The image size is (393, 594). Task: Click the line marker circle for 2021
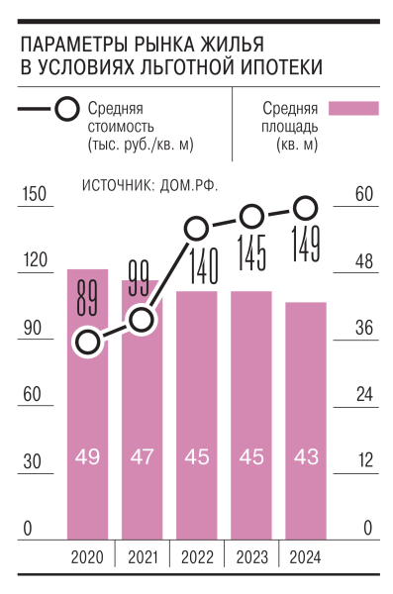[x=142, y=319]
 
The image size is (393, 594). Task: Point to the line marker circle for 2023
[x=251, y=215]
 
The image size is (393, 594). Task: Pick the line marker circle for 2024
[x=306, y=208]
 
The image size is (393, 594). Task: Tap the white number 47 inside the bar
[x=142, y=456]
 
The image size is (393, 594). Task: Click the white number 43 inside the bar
[x=305, y=456]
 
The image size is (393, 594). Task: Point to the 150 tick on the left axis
[x=36, y=195]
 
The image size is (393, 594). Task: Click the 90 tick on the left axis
[x=37, y=329]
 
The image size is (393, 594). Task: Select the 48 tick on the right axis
[x=365, y=261]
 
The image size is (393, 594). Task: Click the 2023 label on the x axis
[x=251, y=558]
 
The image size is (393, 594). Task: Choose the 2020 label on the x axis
[x=88, y=558]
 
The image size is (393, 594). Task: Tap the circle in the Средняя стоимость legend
[x=68, y=110]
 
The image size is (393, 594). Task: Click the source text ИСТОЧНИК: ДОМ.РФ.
[x=149, y=185]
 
